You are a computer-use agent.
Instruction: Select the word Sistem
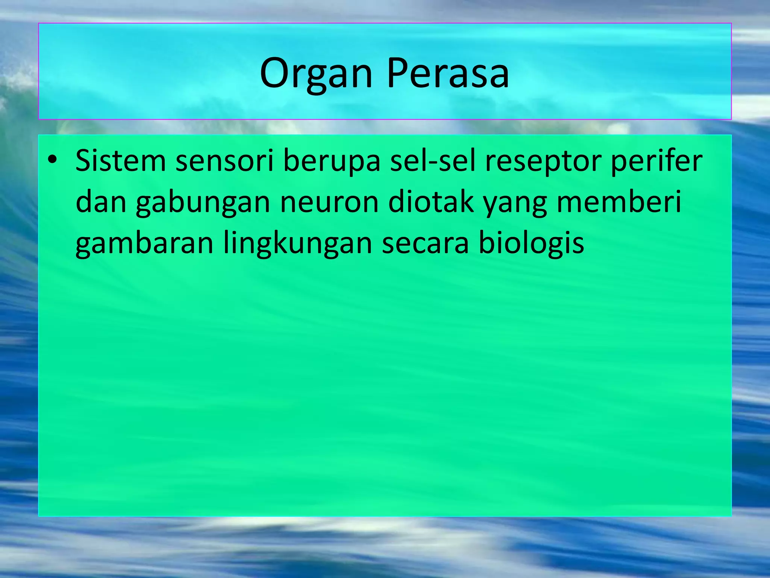pos(120,161)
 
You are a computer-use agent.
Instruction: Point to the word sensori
pos(224,161)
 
